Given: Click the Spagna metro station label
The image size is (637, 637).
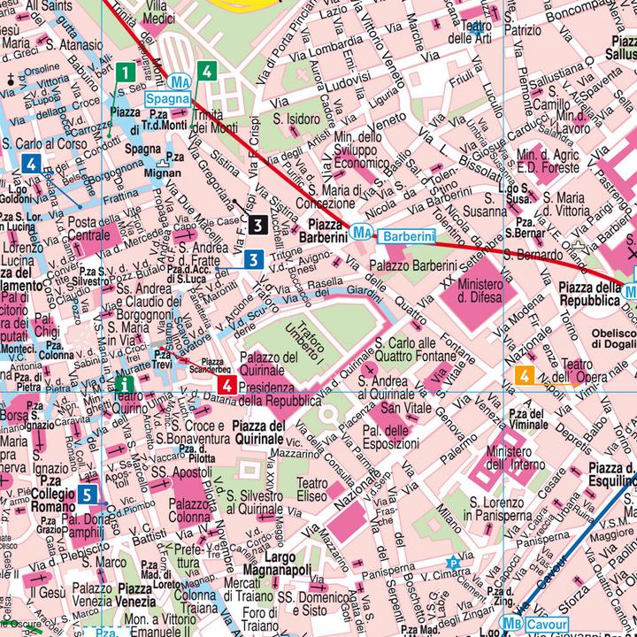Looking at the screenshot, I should [x=167, y=98].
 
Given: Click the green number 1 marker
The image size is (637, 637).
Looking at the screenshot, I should [x=127, y=72].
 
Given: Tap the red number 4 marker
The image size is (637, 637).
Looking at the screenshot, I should [x=226, y=385].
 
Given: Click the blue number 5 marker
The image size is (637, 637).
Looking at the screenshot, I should [x=87, y=495].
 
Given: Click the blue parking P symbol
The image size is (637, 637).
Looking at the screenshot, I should [x=454, y=561].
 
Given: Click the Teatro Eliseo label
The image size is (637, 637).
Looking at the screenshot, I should [x=311, y=490].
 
